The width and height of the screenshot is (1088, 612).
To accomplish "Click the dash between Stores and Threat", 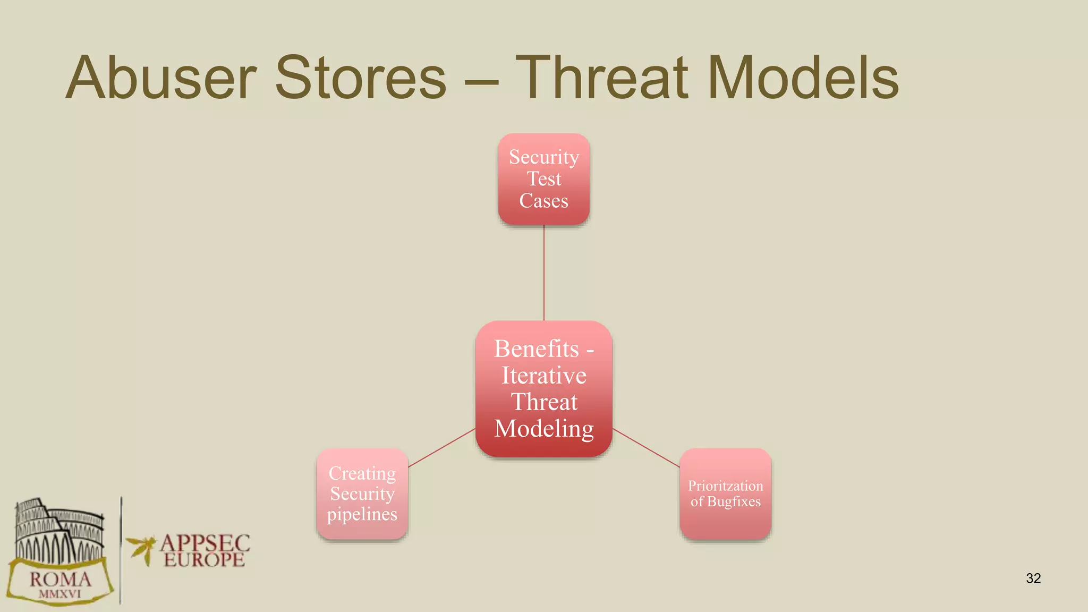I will click(x=481, y=83).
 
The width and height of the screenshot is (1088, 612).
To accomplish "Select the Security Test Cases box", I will click(x=543, y=179).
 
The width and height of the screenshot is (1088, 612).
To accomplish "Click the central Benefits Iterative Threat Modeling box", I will click(x=543, y=388).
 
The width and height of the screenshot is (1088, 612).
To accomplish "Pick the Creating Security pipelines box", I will click(x=362, y=494).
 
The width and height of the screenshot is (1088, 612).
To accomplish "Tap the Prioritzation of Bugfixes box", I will click(x=725, y=494).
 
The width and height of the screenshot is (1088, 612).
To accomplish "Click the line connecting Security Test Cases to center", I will click(x=543, y=273).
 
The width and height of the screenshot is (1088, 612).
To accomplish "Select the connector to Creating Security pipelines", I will click(x=441, y=448).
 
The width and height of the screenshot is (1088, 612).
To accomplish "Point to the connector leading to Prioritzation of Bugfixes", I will click(x=646, y=448).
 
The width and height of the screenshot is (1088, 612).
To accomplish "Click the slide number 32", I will click(x=1033, y=578).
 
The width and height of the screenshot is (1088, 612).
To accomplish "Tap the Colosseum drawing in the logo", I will click(x=58, y=531).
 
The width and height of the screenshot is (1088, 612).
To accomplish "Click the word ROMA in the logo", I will click(x=60, y=579).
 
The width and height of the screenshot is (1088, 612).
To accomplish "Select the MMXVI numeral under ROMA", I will click(x=59, y=594).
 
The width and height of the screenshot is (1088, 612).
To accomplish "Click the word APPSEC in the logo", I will click(x=205, y=543).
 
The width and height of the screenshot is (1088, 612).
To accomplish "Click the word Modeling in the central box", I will click(x=543, y=429).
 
